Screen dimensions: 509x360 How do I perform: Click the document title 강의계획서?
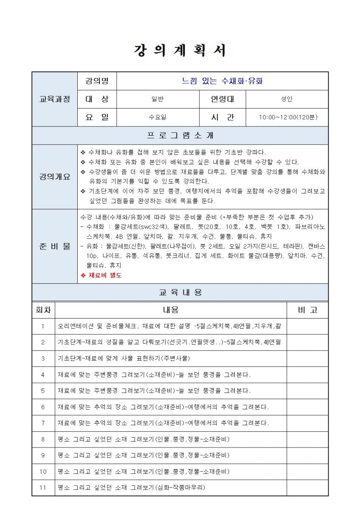click(x=180, y=50)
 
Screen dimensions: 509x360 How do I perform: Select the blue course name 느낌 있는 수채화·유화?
click(x=222, y=81)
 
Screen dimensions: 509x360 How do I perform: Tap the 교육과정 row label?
click(x=55, y=99)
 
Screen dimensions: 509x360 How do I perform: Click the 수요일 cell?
click(x=157, y=117)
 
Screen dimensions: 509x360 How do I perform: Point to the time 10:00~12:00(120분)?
click(x=287, y=117)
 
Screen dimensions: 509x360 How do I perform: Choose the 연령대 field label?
click(x=222, y=99)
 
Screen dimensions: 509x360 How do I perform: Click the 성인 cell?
click(x=287, y=99)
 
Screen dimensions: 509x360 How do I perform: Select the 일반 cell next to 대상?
click(x=157, y=99)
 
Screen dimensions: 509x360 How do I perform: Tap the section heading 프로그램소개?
click(x=180, y=136)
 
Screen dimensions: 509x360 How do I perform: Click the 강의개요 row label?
click(x=55, y=176)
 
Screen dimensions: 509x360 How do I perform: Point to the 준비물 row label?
click(x=55, y=246)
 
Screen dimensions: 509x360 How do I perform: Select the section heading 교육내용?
click(x=180, y=292)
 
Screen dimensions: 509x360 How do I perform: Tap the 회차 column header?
click(x=43, y=310)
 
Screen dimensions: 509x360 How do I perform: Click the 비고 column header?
click(x=307, y=310)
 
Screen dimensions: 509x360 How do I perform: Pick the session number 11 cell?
click(x=43, y=487)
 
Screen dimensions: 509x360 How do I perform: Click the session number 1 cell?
click(x=43, y=326)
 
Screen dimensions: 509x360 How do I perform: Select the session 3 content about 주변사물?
click(x=124, y=358)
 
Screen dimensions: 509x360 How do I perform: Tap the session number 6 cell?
click(x=43, y=407)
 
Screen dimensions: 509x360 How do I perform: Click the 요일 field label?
click(x=97, y=117)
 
